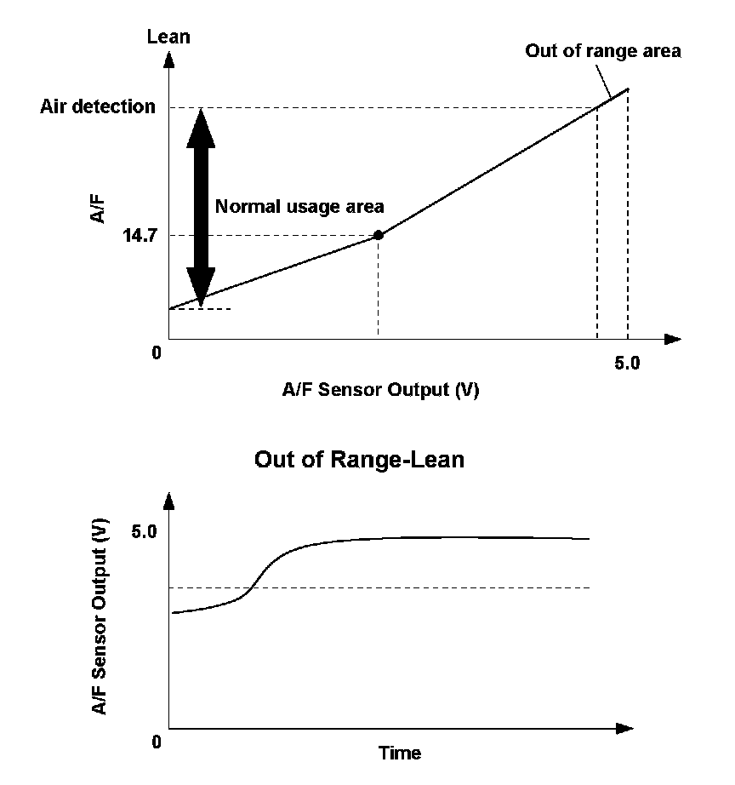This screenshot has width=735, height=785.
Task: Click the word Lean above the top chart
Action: click(x=168, y=37)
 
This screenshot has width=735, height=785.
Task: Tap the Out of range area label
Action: click(x=602, y=51)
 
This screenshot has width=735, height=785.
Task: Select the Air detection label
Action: click(x=98, y=107)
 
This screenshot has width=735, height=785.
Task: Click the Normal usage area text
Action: click(x=299, y=206)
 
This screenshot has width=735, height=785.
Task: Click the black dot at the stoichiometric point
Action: click(x=379, y=235)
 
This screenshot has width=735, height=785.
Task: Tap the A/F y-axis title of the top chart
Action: click(x=100, y=207)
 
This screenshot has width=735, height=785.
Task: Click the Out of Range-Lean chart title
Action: click(x=360, y=461)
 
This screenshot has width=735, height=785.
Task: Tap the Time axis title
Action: click(x=400, y=753)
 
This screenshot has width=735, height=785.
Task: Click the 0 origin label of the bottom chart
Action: click(x=157, y=742)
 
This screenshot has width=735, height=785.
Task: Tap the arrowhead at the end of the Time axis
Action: click(x=625, y=729)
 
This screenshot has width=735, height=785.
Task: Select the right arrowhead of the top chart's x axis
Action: click(x=673, y=340)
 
